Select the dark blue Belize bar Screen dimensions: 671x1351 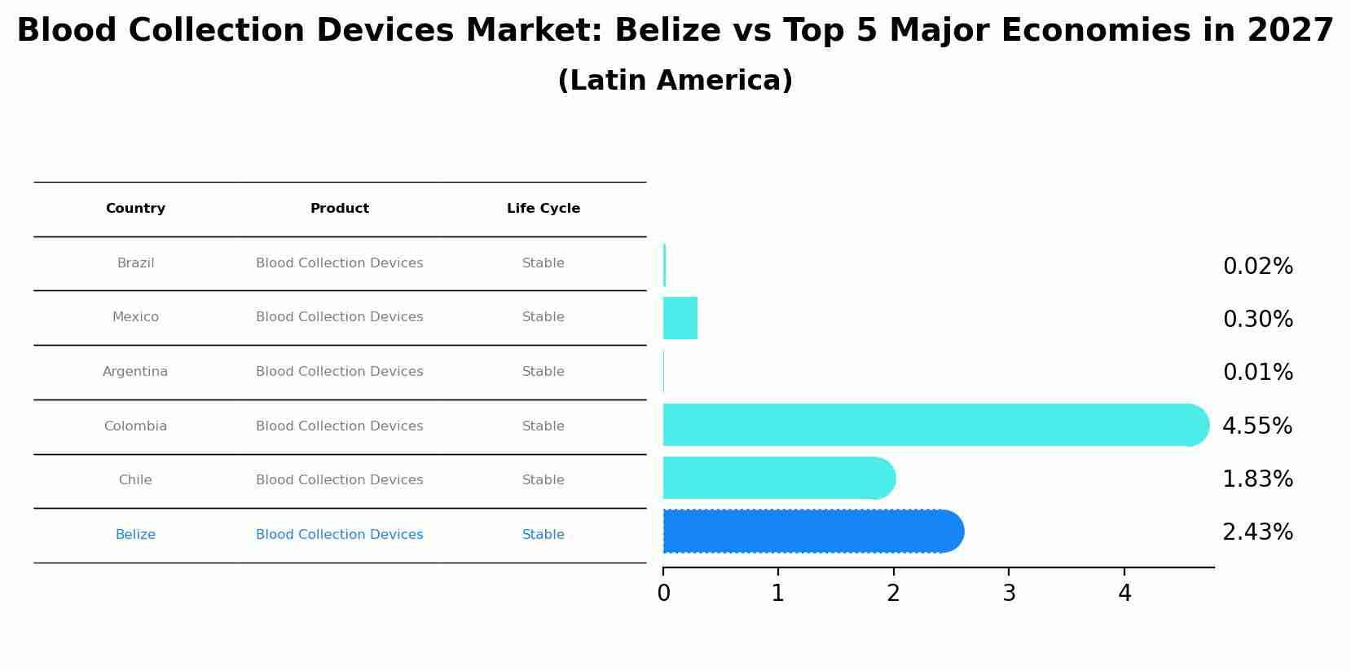pos(811,532)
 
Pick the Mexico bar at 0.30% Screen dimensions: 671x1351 pos(680,318)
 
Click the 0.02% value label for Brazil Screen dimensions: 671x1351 pos(1257,267)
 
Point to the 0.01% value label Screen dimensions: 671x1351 pos(1257,373)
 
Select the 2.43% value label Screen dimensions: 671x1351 pos(1257,532)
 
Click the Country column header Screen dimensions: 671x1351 pos(135,209)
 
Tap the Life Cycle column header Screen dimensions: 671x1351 pos(543,209)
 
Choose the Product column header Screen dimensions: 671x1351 pos(340,209)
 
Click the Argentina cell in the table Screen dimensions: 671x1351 pos(135,372)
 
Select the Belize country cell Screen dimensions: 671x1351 pos(135,535)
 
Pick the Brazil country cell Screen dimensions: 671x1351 pos(135,263)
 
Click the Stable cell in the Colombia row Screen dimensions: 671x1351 pos(543,426)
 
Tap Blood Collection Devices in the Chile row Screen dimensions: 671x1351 pos(340,480)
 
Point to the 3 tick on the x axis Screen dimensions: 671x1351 pos(1009,594)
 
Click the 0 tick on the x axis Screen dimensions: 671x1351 pos(663,594)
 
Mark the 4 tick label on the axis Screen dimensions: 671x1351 pos(1124,594)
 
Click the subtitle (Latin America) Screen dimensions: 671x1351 pos(675,81)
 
